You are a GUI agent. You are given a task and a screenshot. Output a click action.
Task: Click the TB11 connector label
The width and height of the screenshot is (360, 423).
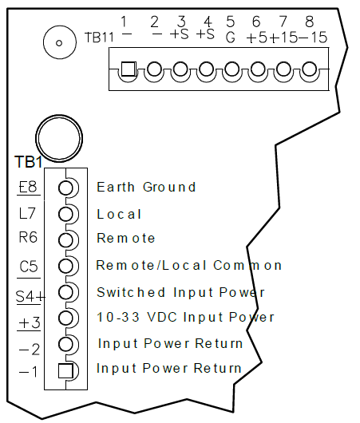tap(99, 37)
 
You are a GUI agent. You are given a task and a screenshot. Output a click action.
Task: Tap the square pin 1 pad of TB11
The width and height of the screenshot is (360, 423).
tap(129, 69)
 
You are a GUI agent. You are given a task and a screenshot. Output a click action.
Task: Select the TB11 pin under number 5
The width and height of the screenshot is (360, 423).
tap(232, 69)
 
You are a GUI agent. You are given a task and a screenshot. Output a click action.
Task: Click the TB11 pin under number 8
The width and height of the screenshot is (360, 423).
tap(310, 69)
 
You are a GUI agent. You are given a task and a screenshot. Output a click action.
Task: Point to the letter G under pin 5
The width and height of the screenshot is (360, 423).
tap(231, 37)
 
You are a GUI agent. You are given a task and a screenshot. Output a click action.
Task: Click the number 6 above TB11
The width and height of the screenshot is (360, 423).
tap(256, 22)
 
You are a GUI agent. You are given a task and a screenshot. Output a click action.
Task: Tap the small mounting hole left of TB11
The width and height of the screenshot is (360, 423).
tap(60, 42)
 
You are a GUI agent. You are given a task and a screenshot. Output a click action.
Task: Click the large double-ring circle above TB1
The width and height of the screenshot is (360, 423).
tap(59, 138)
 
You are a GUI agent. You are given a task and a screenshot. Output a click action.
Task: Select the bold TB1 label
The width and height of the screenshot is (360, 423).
tap(29, 161)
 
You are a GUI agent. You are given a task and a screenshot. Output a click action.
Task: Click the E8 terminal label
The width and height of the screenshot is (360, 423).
tap(28, 186)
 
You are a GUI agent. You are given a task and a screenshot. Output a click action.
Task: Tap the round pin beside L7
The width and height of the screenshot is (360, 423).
tap(65, 214)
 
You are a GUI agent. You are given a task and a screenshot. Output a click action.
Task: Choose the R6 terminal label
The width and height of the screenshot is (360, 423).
tap(28, 237)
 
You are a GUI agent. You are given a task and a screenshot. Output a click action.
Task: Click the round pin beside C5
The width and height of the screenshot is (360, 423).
tap(65, 266)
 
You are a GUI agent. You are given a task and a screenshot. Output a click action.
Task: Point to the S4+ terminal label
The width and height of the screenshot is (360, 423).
tap(30, 296)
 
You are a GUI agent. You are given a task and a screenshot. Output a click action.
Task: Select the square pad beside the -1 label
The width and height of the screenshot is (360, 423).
tap(65, 370)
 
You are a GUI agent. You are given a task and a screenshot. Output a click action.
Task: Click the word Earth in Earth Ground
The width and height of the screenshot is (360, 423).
tap(116, 187)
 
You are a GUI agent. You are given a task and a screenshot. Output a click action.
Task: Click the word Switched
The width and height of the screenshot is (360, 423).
tap(131, 292)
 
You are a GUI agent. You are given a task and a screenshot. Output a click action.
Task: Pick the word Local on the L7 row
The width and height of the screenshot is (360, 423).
tap(119, 214)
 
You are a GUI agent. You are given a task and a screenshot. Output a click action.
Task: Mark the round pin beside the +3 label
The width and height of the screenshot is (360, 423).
tap(65, 318)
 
